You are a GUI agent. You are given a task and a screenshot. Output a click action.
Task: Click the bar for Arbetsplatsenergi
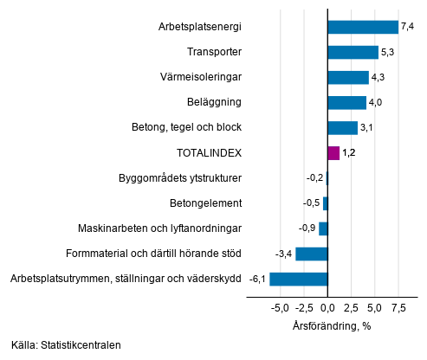pos(363,27)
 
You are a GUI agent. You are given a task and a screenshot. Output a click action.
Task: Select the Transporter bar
pos(353,52)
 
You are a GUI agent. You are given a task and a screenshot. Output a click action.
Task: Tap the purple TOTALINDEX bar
pos(333,153)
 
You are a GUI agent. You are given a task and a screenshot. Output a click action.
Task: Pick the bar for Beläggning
pos(347,103)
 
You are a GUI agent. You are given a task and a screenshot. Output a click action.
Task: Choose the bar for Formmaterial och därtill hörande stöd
pos(312,254)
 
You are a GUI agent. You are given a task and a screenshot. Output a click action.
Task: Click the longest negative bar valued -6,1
pos(299,279)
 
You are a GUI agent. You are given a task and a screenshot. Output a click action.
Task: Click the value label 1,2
pos(350,153)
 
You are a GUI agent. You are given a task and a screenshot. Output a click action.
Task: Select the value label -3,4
pos(283,254)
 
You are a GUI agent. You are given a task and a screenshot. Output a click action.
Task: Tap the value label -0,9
pos(307,228)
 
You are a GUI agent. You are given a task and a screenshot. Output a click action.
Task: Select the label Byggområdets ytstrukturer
pos(179,178)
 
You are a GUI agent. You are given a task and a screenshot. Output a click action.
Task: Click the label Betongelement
pos(205,203)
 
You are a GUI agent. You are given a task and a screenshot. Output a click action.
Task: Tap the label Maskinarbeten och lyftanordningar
pos(159,228)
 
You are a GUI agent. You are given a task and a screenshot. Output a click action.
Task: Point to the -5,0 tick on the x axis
pos(280,307)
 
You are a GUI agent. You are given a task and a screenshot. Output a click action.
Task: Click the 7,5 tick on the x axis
pos(398,307)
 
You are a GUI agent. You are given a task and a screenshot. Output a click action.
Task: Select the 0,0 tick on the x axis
pos(327,307)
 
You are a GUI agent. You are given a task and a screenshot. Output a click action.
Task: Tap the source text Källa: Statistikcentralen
pos(67,344)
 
